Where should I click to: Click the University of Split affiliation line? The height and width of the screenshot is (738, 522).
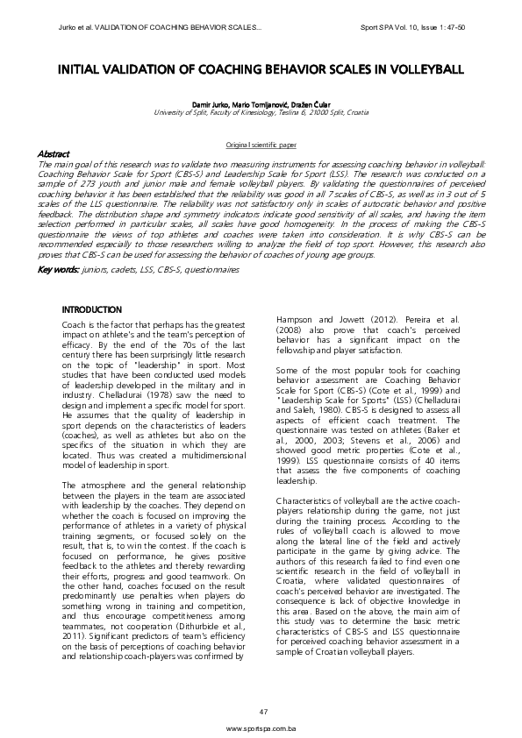pyautogui.click(x=261, y=112)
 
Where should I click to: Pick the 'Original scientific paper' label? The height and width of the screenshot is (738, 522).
pyautogui.click(x=261, y=142)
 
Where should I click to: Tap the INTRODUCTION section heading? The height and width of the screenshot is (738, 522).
pyautogui.click(x=92, y=309)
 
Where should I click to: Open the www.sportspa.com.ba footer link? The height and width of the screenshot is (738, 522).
pyautogui.click(x=261, y=728)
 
